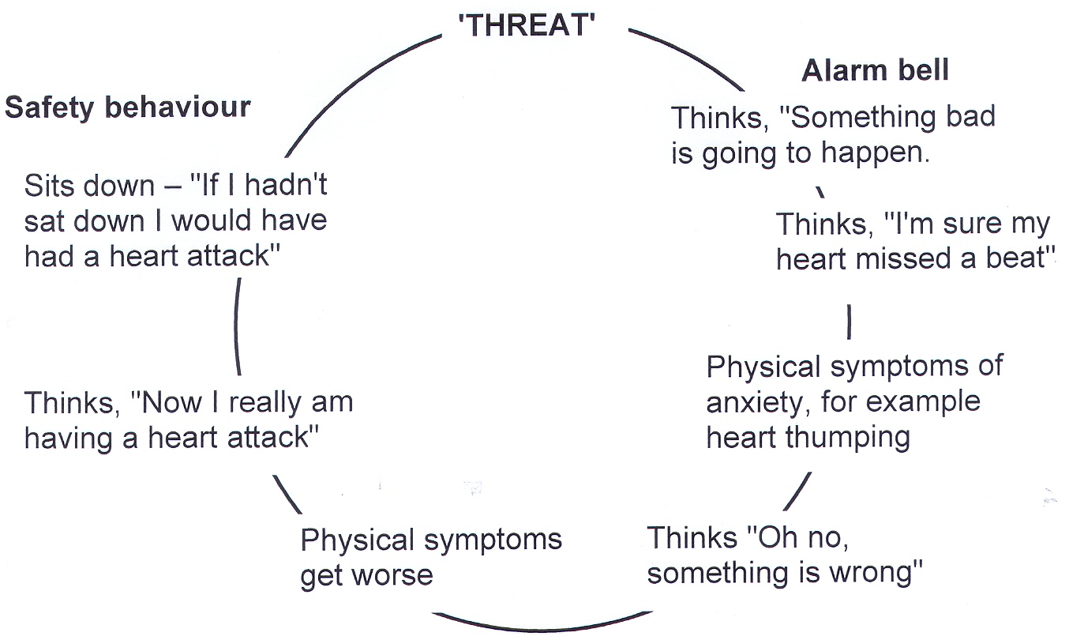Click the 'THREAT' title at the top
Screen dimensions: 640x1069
pos(527,24)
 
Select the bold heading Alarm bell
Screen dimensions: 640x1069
pos(875,71)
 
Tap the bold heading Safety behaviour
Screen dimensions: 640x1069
pos(128,107)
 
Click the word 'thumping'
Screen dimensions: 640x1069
pos(853,437)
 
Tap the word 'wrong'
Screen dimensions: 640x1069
pos(876,573)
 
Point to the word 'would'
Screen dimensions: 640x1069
pos(214,220)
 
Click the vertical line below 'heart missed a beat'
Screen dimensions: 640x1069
pos(849,322)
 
